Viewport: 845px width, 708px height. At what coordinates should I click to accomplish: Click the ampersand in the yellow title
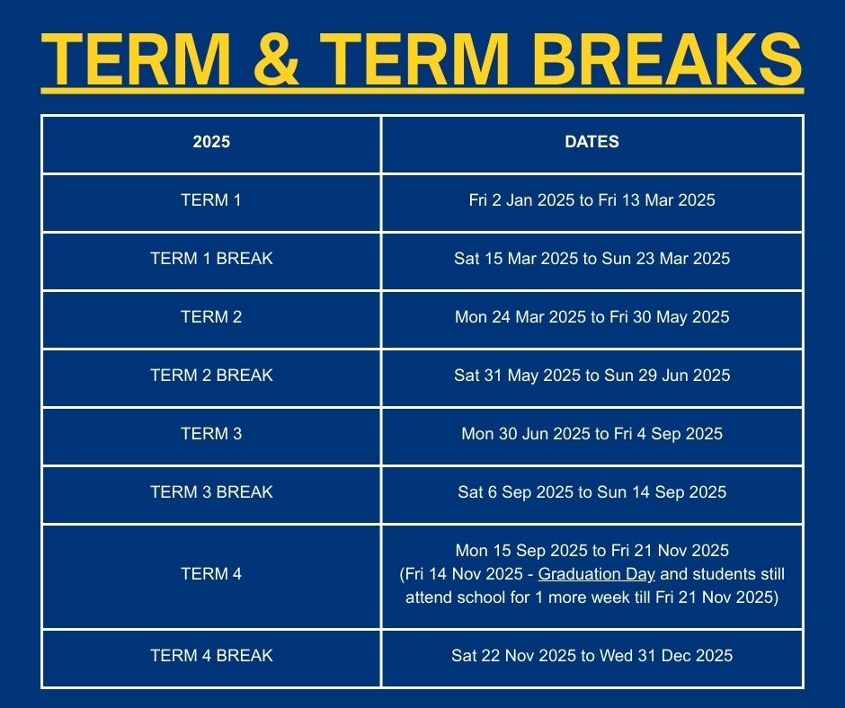(x=276, y=58)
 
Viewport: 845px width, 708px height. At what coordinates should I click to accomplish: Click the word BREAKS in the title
(x=668, y=58)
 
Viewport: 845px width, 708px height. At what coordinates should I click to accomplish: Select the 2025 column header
(x=211, y=142)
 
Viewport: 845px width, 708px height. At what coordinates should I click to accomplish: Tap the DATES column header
(x=591, y=142)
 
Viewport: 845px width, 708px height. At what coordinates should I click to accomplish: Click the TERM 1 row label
(x=211, y=199)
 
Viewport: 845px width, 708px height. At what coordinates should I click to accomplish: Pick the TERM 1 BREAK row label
(x=211, y=259)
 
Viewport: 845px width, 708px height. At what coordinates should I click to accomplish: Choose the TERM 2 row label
(x=211, y=317)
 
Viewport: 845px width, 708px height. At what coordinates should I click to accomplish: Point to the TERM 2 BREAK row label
(x=211, y=375)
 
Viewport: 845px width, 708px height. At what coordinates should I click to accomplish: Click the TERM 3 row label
(x=211, y=434)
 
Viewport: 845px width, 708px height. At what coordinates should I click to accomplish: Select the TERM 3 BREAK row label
(x=211, y=492)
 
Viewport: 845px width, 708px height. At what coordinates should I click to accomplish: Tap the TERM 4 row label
(x=211, y=574)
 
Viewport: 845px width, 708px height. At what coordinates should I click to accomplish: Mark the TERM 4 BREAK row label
(x=211, y=656)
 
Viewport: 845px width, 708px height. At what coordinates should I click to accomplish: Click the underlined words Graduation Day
(x=597, y=574)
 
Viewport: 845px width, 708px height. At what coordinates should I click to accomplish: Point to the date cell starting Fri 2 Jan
(x=591, y=200)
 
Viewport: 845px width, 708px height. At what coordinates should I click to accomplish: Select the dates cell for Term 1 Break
(x=591, y=259)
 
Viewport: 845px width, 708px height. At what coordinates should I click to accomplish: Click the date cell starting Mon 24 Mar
(x=591, y=317)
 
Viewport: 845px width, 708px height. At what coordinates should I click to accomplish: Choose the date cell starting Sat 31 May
(x=591, y=375)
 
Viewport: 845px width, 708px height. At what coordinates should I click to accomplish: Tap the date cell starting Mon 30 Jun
(x=591, y=434)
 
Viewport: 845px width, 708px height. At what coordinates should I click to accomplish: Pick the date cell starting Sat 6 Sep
(x=591, y=492)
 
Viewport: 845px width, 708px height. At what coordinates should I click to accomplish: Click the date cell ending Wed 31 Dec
(x=591, y=656)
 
